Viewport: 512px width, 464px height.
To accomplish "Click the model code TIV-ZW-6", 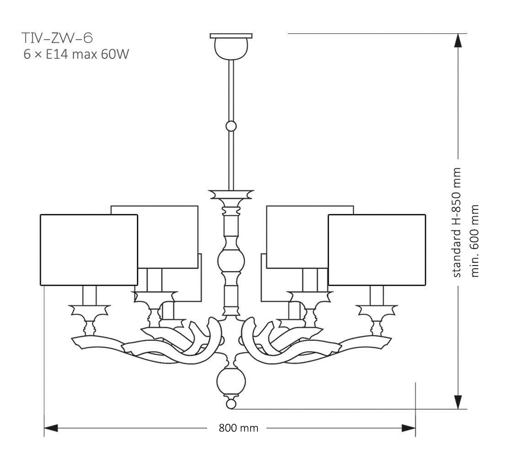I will click(x=57, y=37).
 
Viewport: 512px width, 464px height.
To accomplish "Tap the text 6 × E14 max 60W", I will click(x=76, y=55).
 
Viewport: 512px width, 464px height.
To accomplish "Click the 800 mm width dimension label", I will click(x=238, y=428).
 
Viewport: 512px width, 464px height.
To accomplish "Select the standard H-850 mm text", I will click(x=457, y=222).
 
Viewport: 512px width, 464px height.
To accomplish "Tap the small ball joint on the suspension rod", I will click(x=231, y=126).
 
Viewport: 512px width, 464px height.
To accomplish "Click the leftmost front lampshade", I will click(x=89, y=250).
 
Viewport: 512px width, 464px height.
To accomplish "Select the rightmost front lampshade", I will click(x=376, y=250).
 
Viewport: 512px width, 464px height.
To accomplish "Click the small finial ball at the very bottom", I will click(x=231, y=404).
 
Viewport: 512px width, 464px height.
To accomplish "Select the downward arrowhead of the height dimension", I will click(x=459, y=401).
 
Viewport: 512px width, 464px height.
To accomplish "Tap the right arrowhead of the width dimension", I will click(x=408, y=428).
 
